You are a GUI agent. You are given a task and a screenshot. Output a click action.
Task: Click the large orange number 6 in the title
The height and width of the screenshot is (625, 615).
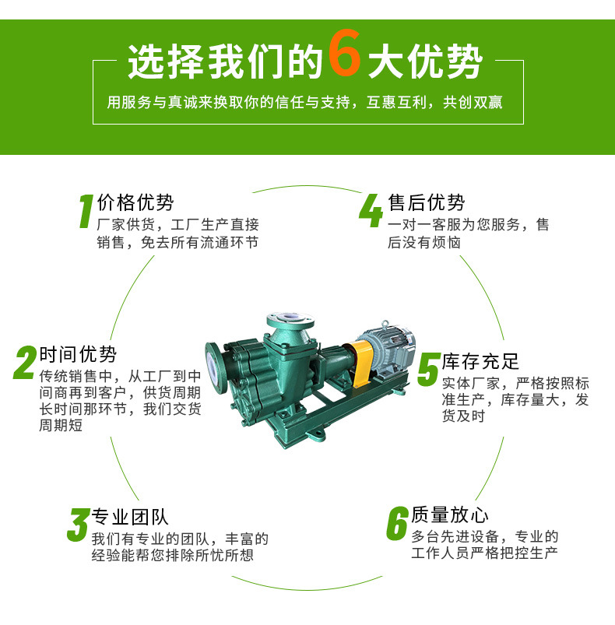tap(345, 53)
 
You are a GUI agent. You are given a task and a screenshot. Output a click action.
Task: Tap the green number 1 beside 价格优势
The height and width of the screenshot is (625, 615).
tap(86, 211)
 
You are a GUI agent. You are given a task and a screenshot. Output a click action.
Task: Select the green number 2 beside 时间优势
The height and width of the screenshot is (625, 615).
tap(26, 363)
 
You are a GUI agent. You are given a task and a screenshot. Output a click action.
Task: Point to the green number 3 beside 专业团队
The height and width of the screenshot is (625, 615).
tap(78, 524)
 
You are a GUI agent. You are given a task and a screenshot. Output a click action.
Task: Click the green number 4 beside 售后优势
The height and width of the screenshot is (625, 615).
tap(371, 210)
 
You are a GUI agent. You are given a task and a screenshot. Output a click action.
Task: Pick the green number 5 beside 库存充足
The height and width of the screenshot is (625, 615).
tap(428, 370)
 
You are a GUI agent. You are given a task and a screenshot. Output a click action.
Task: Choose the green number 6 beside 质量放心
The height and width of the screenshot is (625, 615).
tap(397, 523)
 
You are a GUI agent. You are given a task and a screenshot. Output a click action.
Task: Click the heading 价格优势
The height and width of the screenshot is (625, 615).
tap(135, 202)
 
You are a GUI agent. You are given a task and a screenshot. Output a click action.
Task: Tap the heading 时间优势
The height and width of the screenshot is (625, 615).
tap(78, 354)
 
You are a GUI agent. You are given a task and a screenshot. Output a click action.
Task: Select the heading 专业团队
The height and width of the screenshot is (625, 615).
tap(130, 517)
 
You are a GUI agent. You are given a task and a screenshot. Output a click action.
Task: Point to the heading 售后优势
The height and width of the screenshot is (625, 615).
tap(427, 202)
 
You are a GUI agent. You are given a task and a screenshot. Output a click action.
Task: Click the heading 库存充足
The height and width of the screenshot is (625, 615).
tap(480, 361)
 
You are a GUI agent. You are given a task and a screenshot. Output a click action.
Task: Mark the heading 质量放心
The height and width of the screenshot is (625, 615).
tap(450, 514)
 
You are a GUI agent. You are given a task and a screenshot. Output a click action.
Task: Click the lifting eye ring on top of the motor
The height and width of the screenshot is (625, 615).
tap(385, 325)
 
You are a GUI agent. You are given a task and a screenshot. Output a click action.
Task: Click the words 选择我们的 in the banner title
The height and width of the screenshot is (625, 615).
tap(226, 61)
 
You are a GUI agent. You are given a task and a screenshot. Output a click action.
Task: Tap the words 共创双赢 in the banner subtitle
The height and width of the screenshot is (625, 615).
tap(473, 103)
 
